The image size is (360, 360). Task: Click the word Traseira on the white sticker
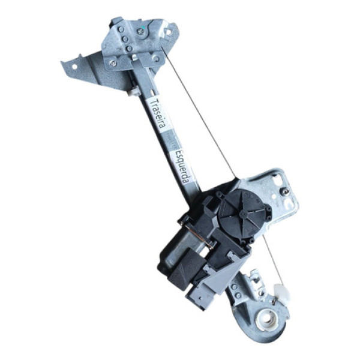[159, 113]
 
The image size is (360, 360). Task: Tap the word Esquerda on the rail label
[182, 166]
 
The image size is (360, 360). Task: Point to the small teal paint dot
[143, 28]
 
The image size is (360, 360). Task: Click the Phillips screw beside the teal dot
[140, 32]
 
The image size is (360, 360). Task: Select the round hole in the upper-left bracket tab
[74, 67]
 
